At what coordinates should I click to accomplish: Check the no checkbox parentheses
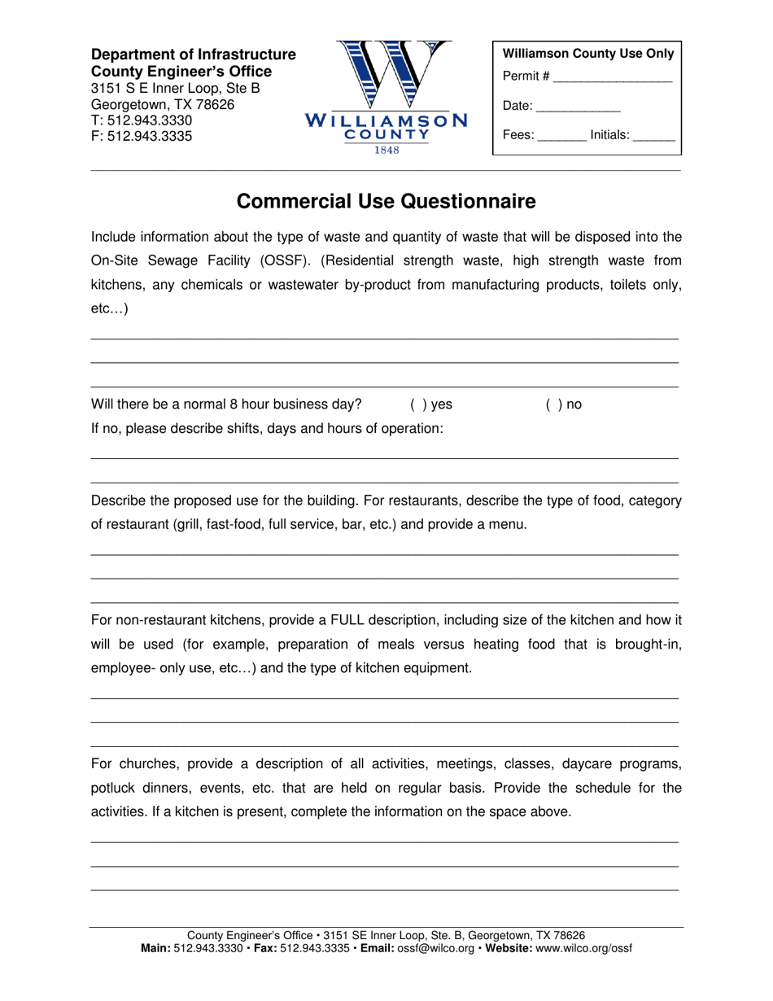click(x=548, y=404)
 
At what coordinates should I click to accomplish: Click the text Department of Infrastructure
click(x=193, y=55)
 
